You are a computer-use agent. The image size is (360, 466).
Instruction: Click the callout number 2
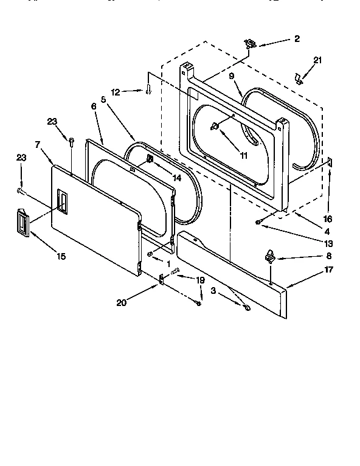297,39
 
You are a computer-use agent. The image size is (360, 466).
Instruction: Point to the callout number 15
61,256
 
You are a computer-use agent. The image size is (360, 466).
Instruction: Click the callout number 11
243,156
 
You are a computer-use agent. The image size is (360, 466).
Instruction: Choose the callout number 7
38,145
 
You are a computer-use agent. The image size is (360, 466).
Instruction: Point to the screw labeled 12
148,91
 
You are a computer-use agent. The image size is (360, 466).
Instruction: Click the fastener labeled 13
259,223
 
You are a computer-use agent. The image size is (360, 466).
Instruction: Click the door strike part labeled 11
215,126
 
